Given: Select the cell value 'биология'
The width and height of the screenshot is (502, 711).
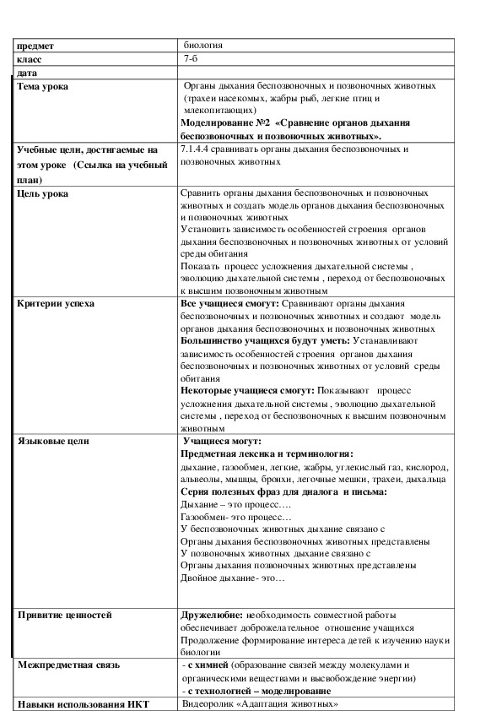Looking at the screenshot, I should click(x=203, y=46).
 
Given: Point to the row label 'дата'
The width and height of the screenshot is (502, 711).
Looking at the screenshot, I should click(x=27, y=73).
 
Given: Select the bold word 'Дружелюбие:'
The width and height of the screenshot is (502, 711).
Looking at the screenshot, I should click(x=212, y=616).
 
